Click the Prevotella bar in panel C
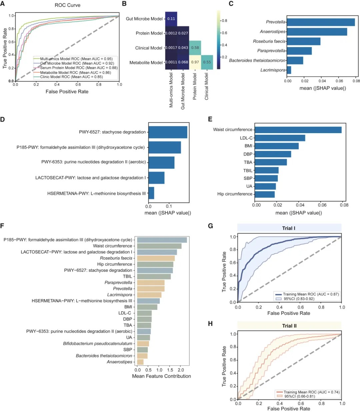tap(321, 22)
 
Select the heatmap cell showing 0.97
tap(195, 62)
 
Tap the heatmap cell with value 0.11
tap(171, 19)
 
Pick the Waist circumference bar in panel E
tap(298, 130)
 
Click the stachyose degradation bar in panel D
tap(168, 132)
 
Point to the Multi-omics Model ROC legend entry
tap(76, 59)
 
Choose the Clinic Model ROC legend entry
tap(71, 77)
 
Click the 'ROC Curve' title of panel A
tap(68, 5)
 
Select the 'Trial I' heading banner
tap(289, 228)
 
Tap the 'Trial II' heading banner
tap(289, 326)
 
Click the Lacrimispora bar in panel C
tap(289, 70)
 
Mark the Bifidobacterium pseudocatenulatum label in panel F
tap(98, 344)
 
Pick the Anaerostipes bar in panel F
tap(140, 362)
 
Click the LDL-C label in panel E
tap(246, 138)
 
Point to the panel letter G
tap(210, 226)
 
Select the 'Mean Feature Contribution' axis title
tap(161, 376)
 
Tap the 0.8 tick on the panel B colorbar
tap(224, 21)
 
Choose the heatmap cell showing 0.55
tap(207, 62)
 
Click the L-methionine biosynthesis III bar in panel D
tap(151, 193)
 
